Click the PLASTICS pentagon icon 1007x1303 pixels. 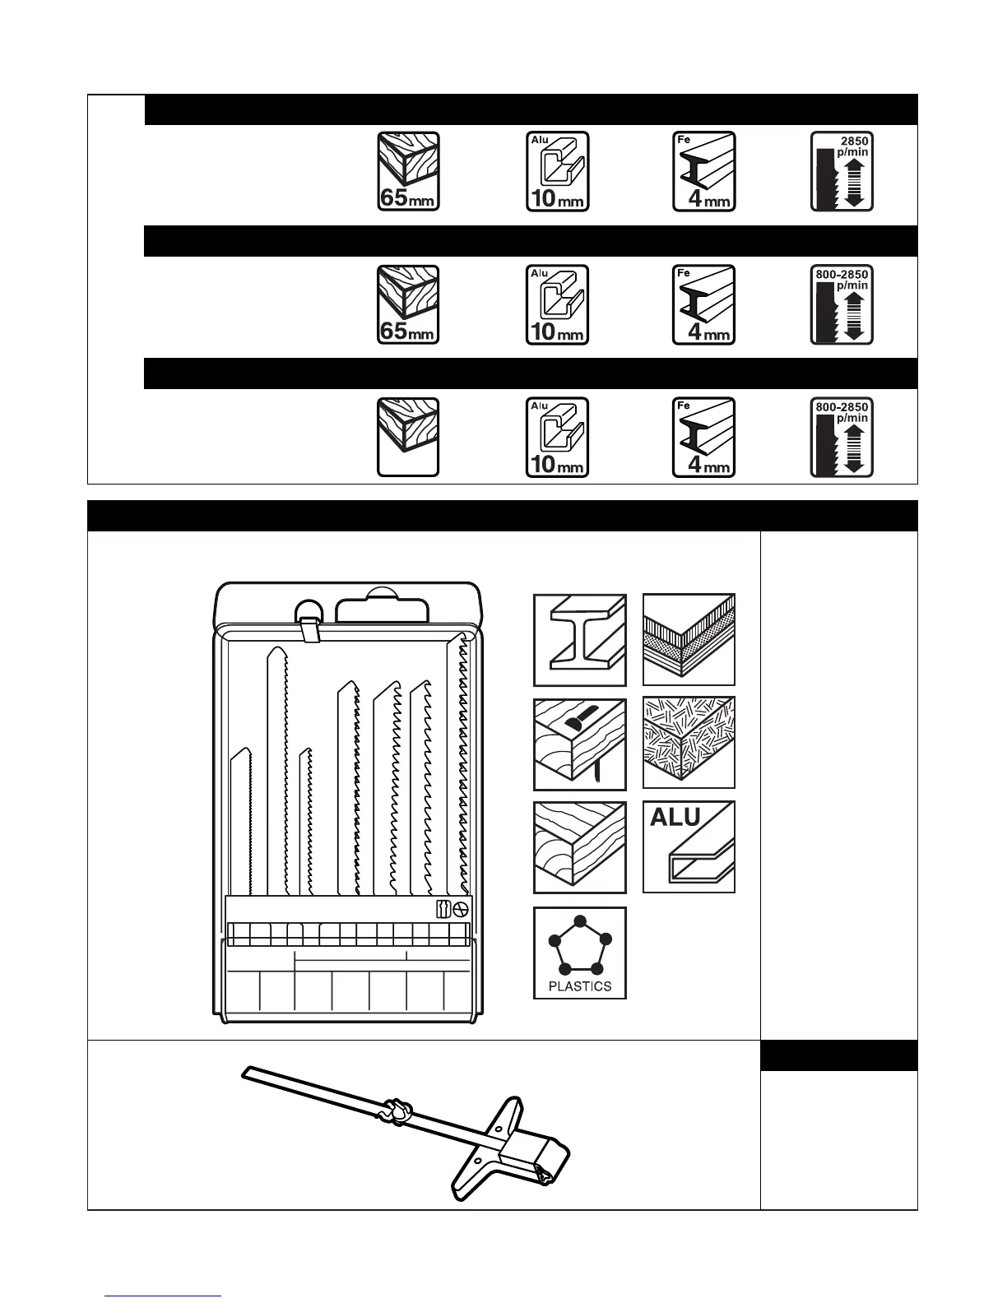(580, 953)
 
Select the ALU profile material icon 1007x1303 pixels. (689, 847)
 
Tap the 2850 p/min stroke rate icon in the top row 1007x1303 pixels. (842, 171)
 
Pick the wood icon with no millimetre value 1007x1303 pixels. (408, 437)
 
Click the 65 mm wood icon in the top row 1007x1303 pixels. (408, 171)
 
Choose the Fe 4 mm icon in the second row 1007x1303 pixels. (704, 304)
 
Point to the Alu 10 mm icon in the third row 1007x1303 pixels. (558, 437)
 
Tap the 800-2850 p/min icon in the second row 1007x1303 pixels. (842, 304)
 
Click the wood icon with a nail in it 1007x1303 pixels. (580, 744)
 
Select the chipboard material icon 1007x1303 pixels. (689, 744)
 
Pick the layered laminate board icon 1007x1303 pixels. (689, 640)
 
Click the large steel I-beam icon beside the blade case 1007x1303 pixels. (580, 640)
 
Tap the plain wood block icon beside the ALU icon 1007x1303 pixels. (580, 847)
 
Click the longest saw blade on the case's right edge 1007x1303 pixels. (459, 765)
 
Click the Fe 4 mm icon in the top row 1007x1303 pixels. (704, 171)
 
